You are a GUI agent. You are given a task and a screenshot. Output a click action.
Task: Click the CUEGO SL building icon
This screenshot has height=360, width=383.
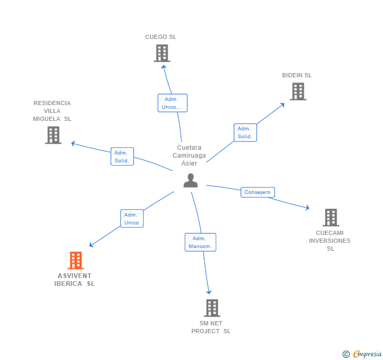162,53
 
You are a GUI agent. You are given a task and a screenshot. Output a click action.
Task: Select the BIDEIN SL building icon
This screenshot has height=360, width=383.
298,91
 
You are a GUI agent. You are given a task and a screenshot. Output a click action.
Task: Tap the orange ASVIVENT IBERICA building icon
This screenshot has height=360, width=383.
76,260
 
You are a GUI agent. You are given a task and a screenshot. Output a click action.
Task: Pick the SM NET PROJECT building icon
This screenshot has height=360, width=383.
211,308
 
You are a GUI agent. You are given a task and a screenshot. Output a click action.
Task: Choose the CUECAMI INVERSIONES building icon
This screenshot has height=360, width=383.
330,217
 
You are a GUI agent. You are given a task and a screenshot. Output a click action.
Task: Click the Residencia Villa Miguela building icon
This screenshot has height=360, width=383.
53,135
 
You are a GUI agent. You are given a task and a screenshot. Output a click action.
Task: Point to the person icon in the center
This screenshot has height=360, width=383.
190,181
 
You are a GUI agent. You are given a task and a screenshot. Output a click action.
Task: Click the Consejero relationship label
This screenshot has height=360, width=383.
257,192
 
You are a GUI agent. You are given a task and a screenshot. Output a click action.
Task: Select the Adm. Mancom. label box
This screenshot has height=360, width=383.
200,242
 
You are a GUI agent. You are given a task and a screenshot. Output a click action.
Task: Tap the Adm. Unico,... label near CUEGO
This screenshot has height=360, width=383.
172,103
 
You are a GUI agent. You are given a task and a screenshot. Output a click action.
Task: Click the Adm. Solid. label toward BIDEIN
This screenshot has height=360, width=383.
245,132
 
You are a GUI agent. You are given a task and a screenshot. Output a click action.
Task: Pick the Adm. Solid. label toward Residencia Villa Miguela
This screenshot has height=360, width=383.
122,157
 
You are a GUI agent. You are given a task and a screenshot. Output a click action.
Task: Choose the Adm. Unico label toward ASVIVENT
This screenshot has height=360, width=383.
132,219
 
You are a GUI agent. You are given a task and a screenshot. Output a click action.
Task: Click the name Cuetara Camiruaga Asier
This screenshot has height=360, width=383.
189,156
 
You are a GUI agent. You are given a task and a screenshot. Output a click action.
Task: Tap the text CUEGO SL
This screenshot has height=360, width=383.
161,37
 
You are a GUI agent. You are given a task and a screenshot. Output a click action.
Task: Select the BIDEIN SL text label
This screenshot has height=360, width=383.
297,75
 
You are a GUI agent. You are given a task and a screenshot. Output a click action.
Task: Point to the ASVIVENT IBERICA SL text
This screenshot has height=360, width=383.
75,280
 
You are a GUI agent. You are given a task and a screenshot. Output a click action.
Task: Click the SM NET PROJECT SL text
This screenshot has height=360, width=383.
211,327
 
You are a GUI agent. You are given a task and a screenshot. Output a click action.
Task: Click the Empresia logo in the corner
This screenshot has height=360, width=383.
362,354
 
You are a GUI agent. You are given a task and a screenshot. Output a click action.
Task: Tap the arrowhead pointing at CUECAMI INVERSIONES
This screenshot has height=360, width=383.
307,208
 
